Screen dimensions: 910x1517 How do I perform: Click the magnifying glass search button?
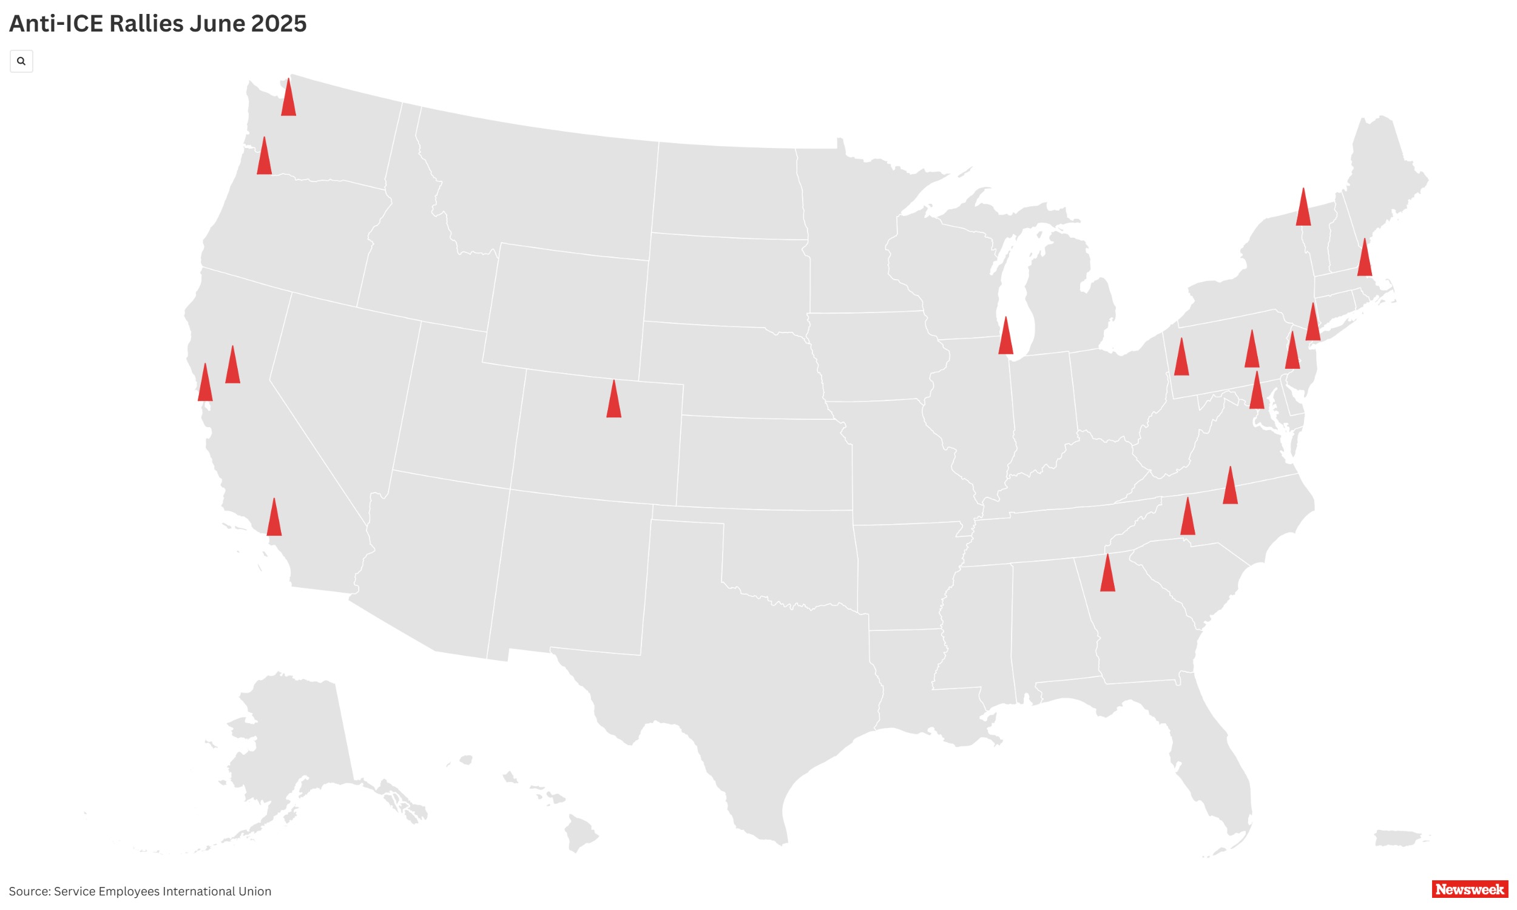click(21, 61)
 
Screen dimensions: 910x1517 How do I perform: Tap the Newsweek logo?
click(1469, 889)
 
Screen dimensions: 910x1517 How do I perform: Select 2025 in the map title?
click(279, 23)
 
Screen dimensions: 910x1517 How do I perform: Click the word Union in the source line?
click(254, 891)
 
